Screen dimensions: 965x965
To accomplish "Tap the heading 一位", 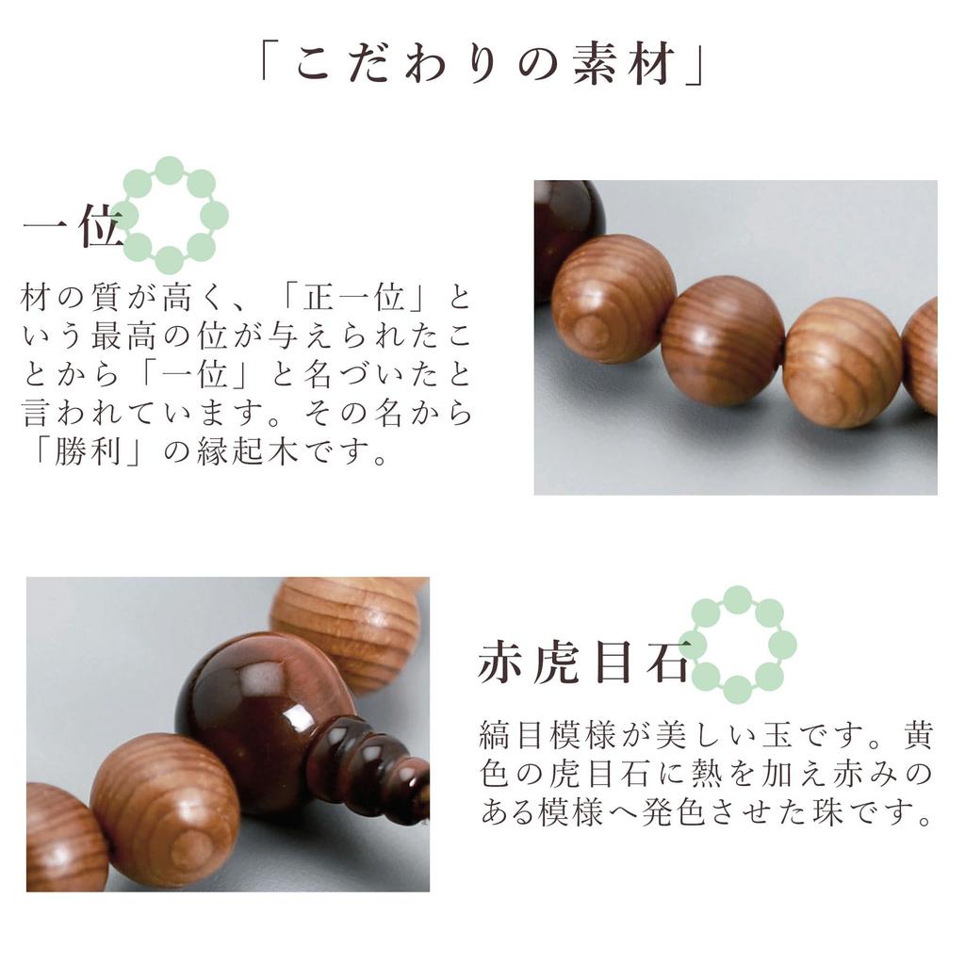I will point(73,229).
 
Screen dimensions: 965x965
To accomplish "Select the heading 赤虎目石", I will point(582,662).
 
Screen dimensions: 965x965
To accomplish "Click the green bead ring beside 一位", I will point(170,215).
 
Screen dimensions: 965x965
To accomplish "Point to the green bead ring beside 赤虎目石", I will point(741,645).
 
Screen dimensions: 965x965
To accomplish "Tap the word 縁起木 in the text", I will point(256,453).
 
